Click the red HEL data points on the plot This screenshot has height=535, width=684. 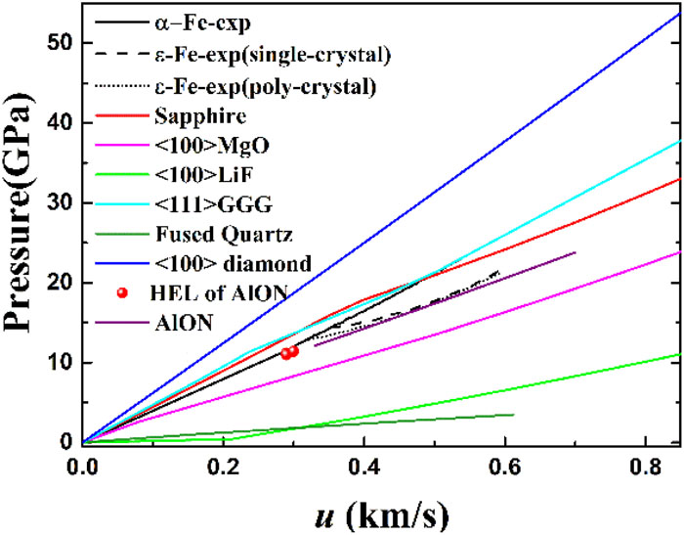pos(289,352)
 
